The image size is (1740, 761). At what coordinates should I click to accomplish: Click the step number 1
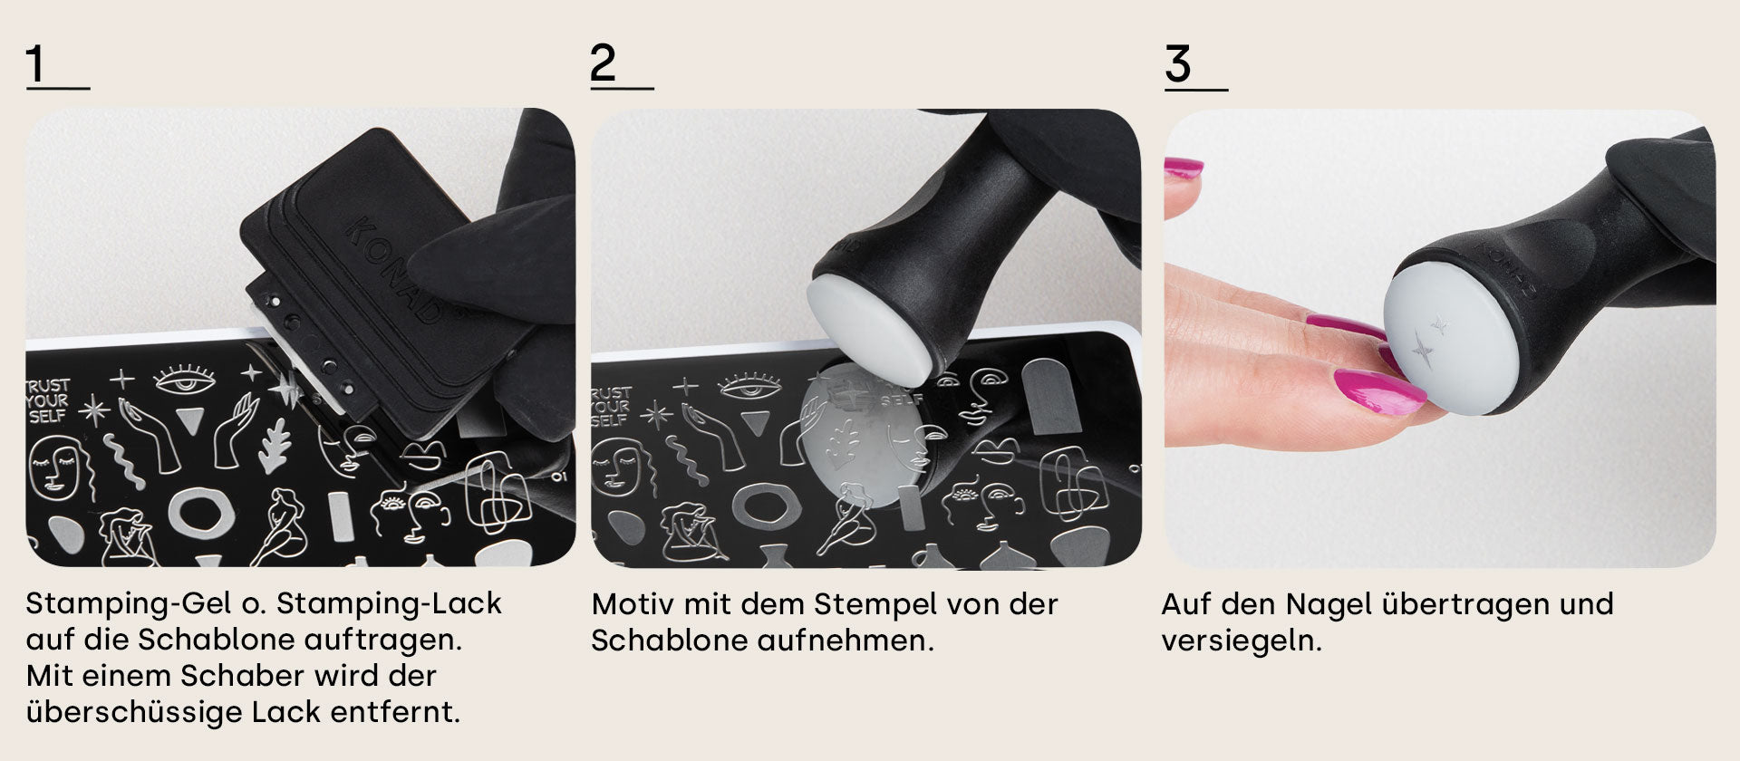[35, 64]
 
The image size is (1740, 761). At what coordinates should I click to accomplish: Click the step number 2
[603, 63]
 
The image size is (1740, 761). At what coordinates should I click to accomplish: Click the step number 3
[1177, 64]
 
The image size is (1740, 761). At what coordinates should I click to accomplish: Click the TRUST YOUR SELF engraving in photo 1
[47, 400]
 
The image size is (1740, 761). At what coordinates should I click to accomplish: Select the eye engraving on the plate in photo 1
[185, 380]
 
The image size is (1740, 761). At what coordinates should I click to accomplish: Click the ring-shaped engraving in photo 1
[201, 513]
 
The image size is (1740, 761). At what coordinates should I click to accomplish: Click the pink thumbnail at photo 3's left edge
[1183, 168]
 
